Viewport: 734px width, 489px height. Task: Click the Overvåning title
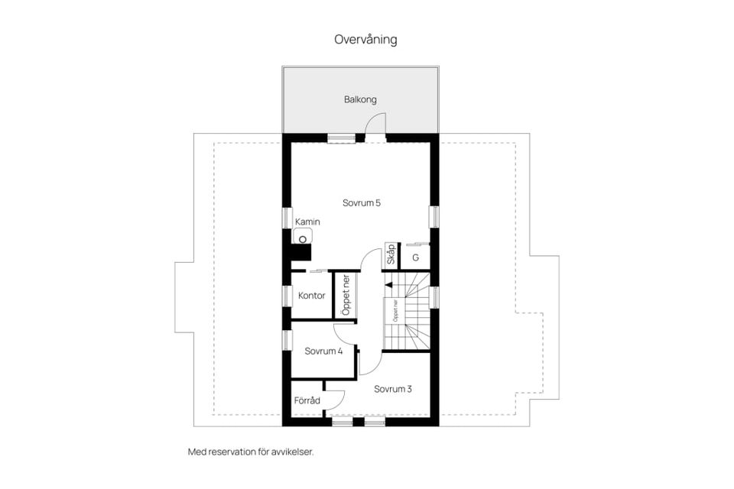coord(365,39)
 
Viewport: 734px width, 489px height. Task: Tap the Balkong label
coord(360,99)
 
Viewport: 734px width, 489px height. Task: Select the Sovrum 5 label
coord(362,203)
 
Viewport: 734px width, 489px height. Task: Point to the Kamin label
coord(307,222)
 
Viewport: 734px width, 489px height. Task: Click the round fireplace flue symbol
coord(303,240)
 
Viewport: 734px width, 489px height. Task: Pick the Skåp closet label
coord(391,254)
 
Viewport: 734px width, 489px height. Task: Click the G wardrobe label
coord(415,257)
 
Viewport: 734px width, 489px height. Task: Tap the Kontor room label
coord(312,296)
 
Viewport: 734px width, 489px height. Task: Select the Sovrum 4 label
coord(323,351)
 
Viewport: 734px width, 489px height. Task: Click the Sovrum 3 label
coord(393,389)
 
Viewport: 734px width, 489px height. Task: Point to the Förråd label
coord(307,400)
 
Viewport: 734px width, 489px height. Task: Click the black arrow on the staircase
coord(388,284)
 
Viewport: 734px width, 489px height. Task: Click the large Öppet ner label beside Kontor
coord(346,295)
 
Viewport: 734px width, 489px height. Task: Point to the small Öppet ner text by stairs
coord(395,310)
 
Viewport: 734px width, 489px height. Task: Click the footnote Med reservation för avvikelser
coord(251,452)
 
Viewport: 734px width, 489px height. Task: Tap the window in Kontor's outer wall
coord(287,296)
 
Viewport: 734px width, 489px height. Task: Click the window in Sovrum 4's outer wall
coord(287,340)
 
